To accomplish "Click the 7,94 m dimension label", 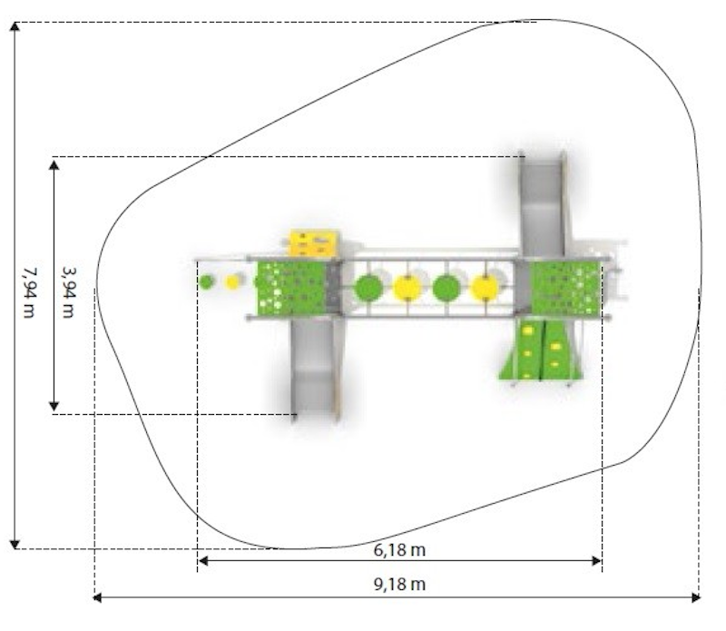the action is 29,292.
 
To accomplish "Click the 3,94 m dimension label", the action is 68,292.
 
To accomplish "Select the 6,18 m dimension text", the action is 399,550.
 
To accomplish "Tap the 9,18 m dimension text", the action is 399,584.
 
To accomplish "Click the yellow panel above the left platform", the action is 313,243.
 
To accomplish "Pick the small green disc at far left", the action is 206,281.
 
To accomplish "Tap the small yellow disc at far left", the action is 232,281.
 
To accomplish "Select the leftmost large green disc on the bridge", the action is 368,288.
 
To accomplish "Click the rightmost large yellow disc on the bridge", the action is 485,288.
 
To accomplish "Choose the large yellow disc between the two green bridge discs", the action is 407,288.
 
